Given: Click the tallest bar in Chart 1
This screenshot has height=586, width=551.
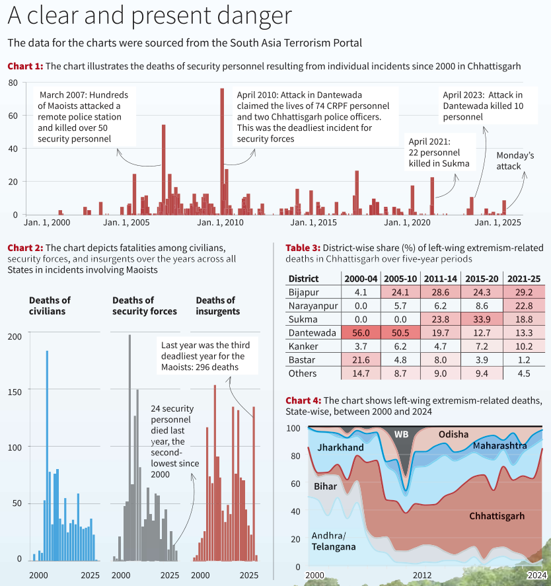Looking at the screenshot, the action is (222, 151).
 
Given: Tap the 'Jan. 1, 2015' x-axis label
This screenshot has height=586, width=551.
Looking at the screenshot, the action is (314, 223).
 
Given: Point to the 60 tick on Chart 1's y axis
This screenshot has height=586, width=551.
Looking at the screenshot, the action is (13, 116).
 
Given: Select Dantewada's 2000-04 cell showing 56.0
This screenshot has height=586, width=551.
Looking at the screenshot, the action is (361, 333).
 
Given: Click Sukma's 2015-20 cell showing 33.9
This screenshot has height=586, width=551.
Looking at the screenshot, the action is (482, 320).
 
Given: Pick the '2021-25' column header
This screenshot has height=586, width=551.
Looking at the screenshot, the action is (524, 279).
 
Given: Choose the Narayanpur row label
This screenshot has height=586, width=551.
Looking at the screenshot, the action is (313, 306).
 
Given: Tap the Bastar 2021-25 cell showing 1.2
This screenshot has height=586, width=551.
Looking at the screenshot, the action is (524, 360).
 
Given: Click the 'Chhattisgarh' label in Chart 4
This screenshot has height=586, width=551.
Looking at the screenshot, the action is (497, 516).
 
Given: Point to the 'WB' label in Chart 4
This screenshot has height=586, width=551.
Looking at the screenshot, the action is (401, 434).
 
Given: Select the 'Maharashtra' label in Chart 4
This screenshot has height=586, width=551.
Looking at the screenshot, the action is (499, 445).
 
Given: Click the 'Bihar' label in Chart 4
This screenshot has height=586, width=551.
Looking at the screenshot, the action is (325, 486).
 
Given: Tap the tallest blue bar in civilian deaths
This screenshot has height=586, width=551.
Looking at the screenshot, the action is (47, 456).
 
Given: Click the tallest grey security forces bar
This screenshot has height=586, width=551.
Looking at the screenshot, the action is (129, 448).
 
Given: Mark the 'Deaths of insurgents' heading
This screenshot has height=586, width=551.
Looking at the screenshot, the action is (218, 306).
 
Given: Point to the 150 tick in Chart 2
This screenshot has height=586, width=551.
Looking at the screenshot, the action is (15, 392).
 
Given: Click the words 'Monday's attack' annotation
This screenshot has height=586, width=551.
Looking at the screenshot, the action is (515, 161).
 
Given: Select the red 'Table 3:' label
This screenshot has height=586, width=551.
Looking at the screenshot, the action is (303, 248).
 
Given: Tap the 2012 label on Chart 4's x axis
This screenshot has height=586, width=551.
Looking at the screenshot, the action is (422, 575).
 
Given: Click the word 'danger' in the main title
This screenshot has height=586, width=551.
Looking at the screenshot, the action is (254, 16).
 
